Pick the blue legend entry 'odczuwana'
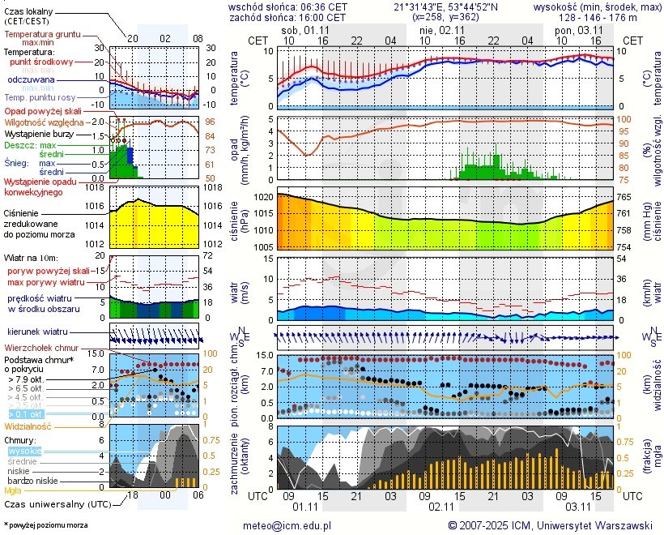click(x=31, y=79)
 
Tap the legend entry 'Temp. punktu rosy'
click(x=40, y=97)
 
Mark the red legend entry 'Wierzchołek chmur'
click(x=40, y=347)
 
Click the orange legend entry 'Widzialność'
click(x=28, y=425)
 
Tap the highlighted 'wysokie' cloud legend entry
click(x=24, y=451)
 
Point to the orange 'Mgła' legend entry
click(x=13, y=490)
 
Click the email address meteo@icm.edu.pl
click(x=287, y=525)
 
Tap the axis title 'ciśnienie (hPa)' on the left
click(x=239, y=220)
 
